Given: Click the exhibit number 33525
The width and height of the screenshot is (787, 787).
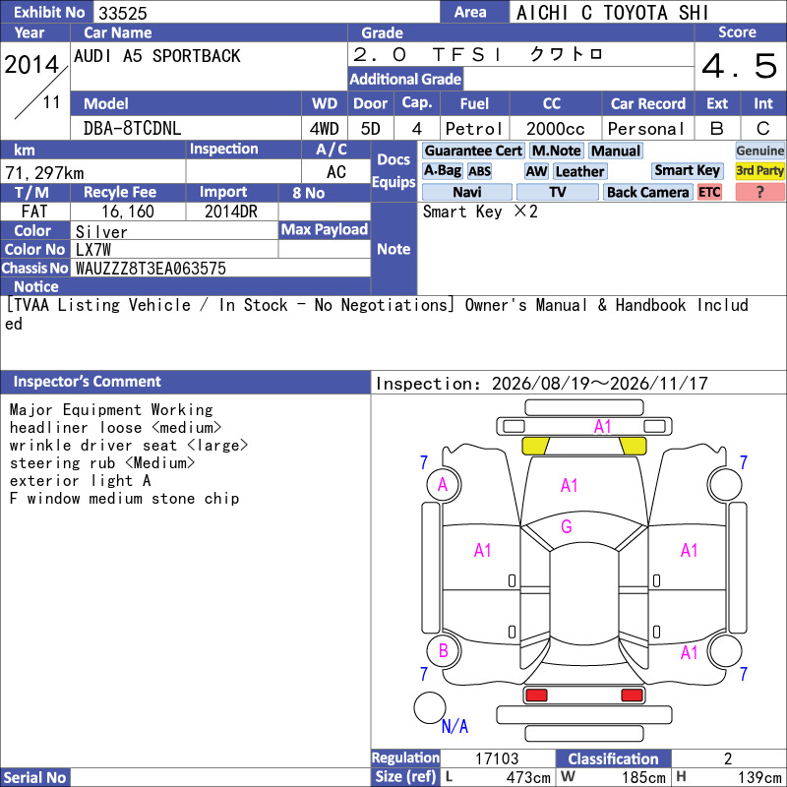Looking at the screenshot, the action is (122, 13).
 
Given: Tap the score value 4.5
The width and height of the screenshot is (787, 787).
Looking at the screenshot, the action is (740, 66).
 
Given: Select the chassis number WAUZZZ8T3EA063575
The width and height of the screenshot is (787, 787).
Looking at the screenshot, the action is (151, 269).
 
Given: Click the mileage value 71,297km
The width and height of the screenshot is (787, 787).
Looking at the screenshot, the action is (44, 173).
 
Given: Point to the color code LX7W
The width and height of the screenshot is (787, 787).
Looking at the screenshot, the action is (93, 250).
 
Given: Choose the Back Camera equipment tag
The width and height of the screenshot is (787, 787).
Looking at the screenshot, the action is (647, 192).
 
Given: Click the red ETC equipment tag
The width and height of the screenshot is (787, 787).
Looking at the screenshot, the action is (709, 192).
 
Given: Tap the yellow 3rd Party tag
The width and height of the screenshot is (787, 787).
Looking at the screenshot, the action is (759, 170).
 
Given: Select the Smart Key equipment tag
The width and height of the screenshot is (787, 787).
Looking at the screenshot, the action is (687, 170).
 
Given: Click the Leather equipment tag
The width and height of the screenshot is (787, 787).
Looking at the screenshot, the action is (579, 171).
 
